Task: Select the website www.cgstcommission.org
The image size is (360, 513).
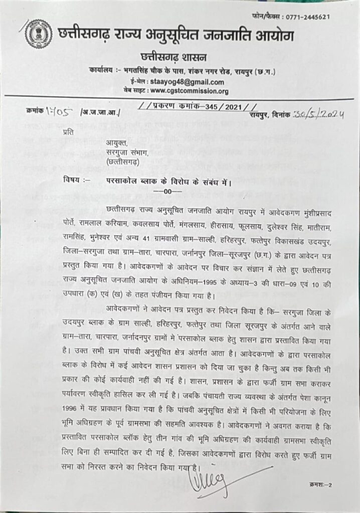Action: [189, 91]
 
